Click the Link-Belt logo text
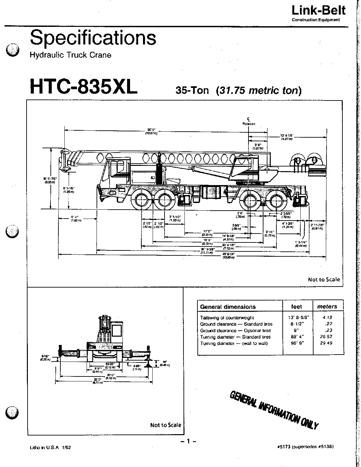[318, 10]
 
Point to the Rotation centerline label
[249, 124]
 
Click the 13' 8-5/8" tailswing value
[299, 318]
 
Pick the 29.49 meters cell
[327, 343]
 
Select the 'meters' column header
[327, 306]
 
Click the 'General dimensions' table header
[228, 307]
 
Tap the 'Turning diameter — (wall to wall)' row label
[234, 343]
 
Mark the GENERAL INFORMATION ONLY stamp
[274, 410]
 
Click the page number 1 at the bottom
[188, 441]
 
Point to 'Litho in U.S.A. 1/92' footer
[50, 447]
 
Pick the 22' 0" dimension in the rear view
[97, 379]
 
